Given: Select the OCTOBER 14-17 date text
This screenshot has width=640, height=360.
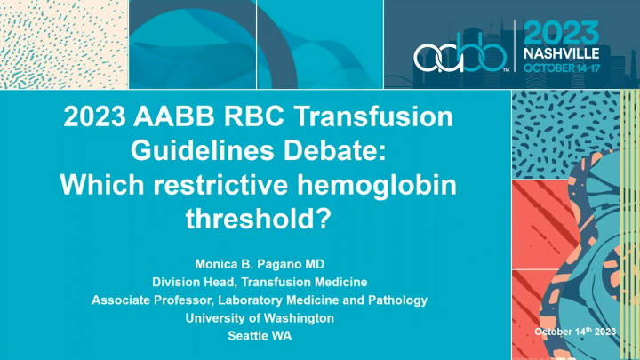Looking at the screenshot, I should [x=563, y=68].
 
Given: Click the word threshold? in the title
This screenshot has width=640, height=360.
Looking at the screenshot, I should [x=260, y=219].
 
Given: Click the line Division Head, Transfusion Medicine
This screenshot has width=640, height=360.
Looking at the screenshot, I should [x=260, y=282].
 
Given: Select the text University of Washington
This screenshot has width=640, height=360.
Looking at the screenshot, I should [x=260, y=317].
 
